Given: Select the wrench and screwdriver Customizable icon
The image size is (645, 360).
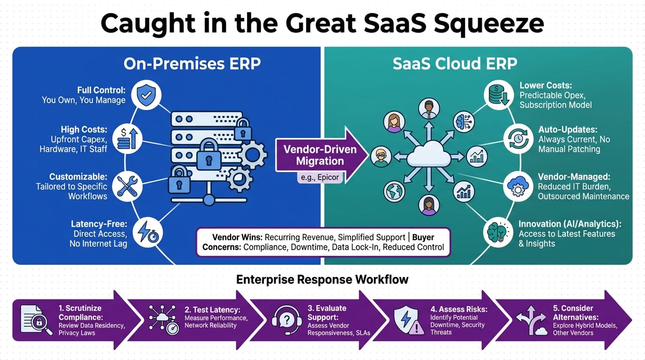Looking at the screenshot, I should pos(127,186).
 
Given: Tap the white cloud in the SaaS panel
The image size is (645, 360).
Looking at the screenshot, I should pos(427,154).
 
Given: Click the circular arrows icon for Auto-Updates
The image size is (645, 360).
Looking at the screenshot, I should pos(518,139).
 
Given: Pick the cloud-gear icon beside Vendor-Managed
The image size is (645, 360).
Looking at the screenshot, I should pos(518,186).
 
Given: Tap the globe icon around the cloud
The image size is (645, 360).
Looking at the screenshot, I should pos(394,191).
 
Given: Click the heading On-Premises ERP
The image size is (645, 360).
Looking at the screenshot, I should pos(192,64).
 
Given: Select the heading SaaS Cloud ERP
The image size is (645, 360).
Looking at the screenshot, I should pos(455,64).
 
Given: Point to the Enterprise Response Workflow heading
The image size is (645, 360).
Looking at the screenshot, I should pos(322,280).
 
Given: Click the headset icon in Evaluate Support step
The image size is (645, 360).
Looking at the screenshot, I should pos(286,319).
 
